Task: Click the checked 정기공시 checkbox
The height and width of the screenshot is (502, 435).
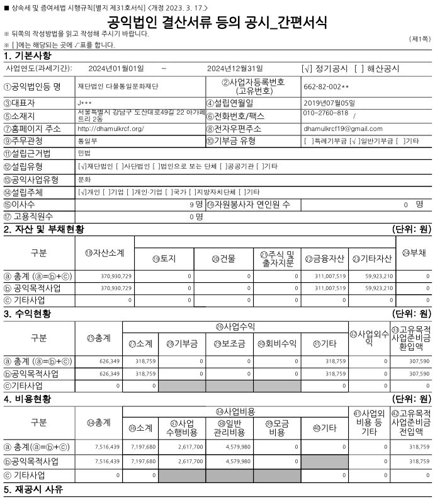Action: [x=307, y=68]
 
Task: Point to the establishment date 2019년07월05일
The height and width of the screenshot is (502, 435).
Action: [x=329, y=103]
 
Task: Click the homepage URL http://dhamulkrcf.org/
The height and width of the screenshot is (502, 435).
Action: [x=110, y=128]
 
